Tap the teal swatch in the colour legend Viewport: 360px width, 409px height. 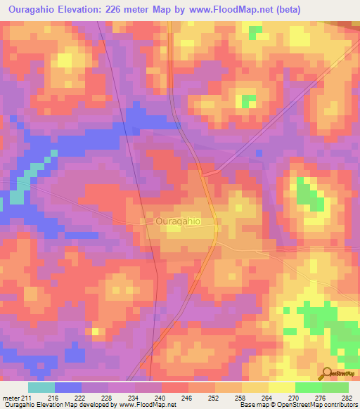click(41, 387)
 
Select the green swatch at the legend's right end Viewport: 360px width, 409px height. click(335, 387)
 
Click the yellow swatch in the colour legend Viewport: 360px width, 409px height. click(281, 387)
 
